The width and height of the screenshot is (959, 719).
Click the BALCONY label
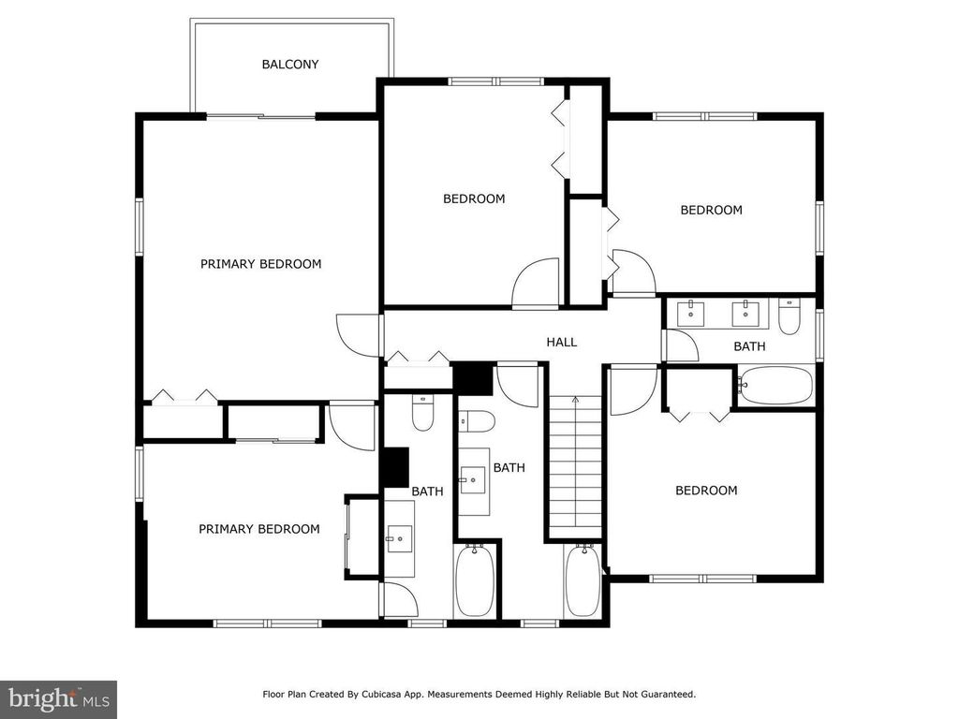pos(290,65)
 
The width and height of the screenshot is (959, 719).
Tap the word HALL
pos(562,342)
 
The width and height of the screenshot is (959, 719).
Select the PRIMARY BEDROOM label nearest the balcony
pos(260,264)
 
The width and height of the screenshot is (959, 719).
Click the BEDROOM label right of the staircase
pos(706,491)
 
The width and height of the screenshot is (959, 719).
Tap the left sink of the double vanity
pos(690,313)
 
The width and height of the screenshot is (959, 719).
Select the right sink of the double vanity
pos(745,313)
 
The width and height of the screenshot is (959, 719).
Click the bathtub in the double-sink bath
pos(775,385)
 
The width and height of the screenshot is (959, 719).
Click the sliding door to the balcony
pos(261,116)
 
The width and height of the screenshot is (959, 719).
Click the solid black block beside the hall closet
pos(472,378)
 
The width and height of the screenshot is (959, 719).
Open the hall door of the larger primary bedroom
pos(359,335)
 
